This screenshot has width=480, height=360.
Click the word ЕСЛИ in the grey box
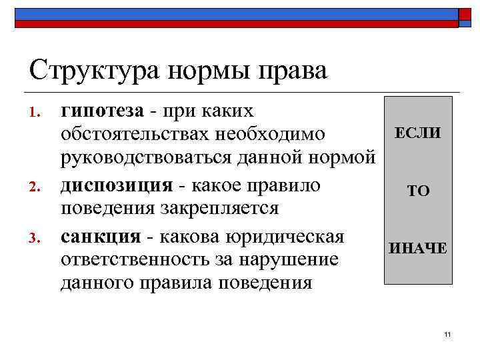[418, 133]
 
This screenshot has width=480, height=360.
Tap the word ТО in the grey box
[418, 192]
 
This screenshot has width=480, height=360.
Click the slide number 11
[447, 333]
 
